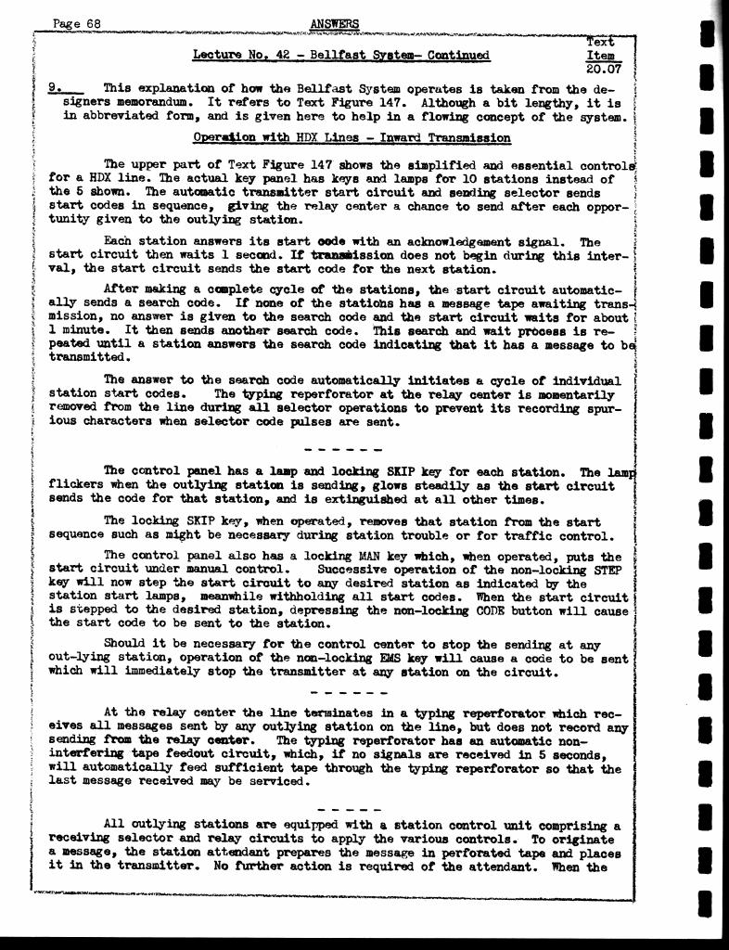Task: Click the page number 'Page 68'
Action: [x=77, y=23]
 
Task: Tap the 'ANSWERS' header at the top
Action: [x=334, y=23]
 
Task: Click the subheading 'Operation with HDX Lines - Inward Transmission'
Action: [x=352, y=137]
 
